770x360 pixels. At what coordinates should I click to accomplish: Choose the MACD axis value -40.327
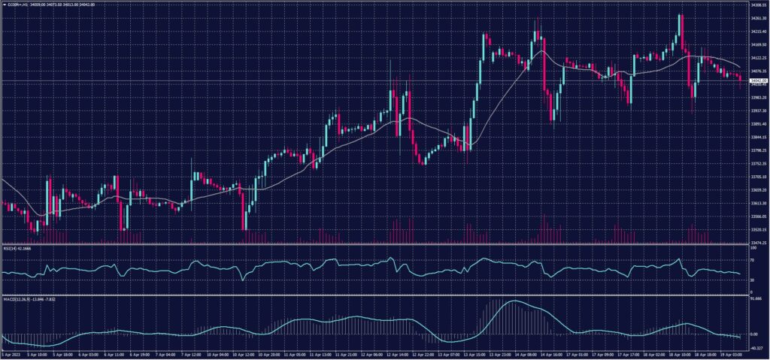755,348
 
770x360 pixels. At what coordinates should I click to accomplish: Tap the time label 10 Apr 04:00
226,353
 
